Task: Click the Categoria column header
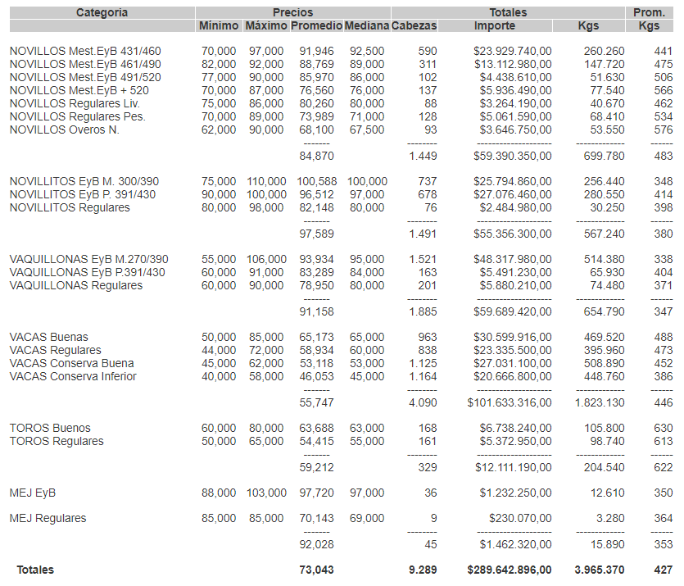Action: point(102,12)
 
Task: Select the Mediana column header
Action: point(366,26)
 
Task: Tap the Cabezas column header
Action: point(414,26)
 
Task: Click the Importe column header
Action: point(495,26)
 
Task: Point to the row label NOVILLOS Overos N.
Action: point(65,129)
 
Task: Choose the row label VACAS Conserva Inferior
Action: point(73,376)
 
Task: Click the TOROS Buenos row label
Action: point(50,428)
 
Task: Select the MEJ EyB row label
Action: point(33,493)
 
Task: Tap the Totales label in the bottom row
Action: point(36,570)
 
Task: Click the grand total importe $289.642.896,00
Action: point(509,570)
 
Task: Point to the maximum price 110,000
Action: point(266,181)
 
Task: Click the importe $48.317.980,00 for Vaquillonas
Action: point(512,259)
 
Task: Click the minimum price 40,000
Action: point(219,376)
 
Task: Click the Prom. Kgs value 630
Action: point(663,428)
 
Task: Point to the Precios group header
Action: point(292,12)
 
